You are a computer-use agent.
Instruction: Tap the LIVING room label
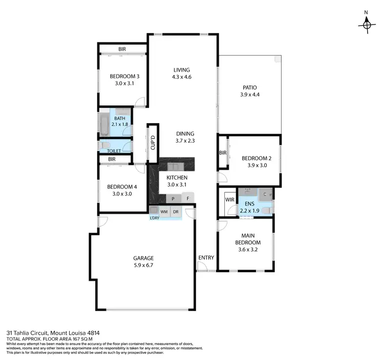click(181, 70)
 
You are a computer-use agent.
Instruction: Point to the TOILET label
click(114, 151)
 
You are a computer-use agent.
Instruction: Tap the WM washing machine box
click(164, 212)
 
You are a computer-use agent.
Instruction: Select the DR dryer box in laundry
click(176, 212)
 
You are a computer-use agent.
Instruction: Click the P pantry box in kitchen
click(174, 198)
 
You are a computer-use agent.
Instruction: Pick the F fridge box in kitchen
click(188, 198)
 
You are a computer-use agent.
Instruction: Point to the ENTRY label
click(206, 258)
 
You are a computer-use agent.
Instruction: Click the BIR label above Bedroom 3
click(122, 50)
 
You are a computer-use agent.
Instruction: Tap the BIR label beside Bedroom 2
click(223, 153)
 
